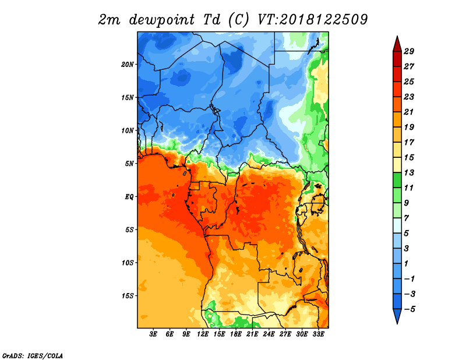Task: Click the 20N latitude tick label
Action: [128, 64]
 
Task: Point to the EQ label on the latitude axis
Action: [130, 196]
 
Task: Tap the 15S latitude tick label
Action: [128, 295]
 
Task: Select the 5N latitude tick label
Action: [130, 164]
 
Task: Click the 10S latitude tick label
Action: [128, 263]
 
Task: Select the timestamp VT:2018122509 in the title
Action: [312, 19]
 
